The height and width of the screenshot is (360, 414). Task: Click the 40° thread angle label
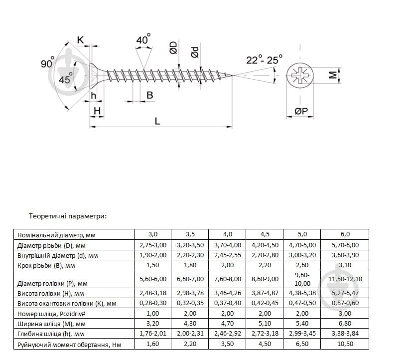click(143, 40)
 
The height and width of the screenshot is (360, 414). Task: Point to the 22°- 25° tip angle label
click(264, 60)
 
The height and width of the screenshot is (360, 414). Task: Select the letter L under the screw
click(157, 121)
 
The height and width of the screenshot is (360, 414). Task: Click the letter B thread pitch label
click(149, 95)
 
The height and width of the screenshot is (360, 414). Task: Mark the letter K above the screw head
click(80, 39)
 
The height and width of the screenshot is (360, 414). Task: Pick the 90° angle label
click(48, 63)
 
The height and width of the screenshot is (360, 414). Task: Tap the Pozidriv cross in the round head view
click(301, 76)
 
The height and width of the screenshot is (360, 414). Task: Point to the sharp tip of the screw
click(231, 75)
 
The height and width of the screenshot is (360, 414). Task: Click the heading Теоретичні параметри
click(68, 216)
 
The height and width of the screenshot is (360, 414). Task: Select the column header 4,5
click(264, 234)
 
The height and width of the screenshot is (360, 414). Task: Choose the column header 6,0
click(344, 234)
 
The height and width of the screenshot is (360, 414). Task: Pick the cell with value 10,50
click(344, 345)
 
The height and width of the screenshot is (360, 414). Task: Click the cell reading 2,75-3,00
click(152, 245)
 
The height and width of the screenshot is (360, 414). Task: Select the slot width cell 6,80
click(344, 324)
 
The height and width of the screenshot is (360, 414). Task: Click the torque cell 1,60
click(152, 345)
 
